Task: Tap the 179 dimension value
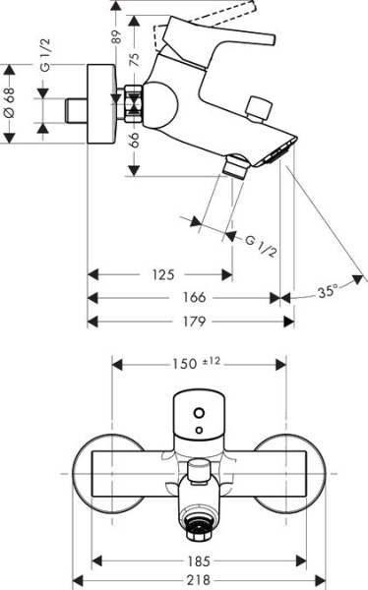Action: pyautogui.click(x=193, y=320)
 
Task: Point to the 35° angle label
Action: pyautogui.click(x=328, y=290)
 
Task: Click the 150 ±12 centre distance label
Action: pyautogui.click(x=198, y=363)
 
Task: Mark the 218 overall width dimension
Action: pyautogui.click(x=200, y=580)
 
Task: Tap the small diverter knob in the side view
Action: pyautogui.click(x=261, y=107)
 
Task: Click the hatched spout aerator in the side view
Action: pyautogui.click(x=283, y=149)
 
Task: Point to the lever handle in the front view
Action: pyautogui.click(x=199, y=413)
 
